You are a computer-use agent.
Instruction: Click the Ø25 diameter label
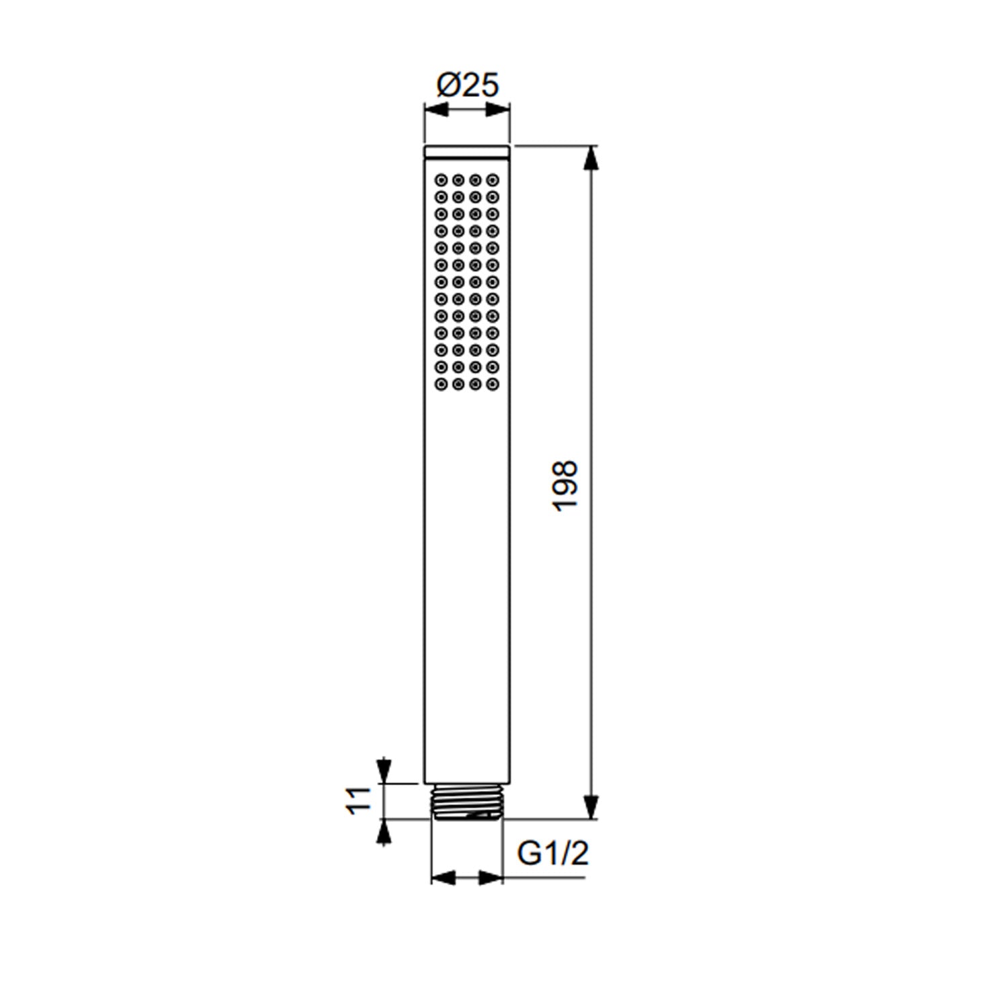[x=468, y=85]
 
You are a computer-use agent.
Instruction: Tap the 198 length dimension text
[x=565, y=486]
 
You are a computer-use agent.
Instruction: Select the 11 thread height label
[x=358, y=800]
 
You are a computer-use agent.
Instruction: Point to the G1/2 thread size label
[x=552, y=853]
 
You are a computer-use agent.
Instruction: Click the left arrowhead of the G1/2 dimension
[x=444, y=878]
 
